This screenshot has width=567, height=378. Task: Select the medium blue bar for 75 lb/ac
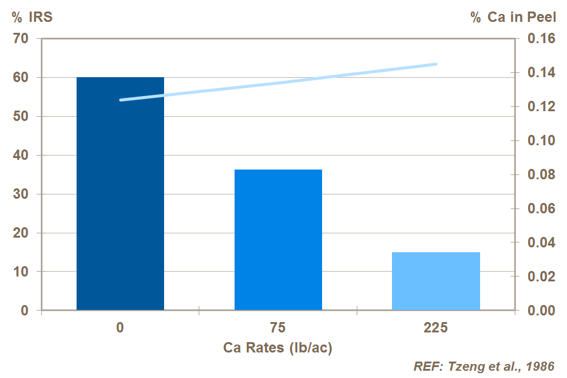click(278, 240)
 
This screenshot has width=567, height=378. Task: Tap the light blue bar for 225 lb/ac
click(436, 281)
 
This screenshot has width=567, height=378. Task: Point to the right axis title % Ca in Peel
click(513, 17)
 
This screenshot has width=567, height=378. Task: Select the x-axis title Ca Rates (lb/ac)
click(278, 348)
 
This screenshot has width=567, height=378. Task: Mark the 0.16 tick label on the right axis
click(541, 39)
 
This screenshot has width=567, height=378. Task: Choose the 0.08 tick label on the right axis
click(541, 175)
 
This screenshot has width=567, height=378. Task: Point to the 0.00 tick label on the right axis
click(541, 311)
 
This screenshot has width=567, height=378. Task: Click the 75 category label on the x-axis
click(278, 328)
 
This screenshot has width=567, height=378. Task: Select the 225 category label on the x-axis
click(436, 328)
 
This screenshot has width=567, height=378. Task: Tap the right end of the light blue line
click(436, 64)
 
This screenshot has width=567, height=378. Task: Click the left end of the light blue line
click(121, 100)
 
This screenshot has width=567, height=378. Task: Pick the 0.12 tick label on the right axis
click(541, 107)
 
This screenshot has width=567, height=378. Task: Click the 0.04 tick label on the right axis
click(541, 243)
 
